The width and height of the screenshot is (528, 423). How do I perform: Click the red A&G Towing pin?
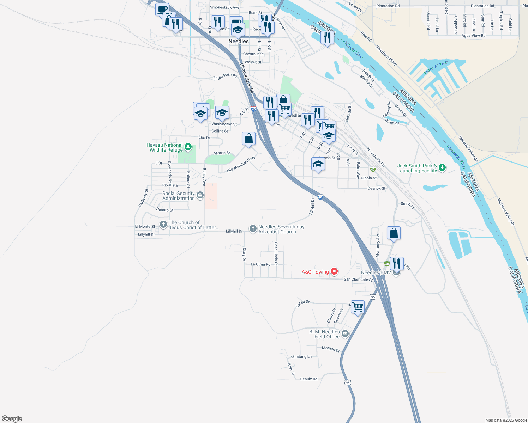(x=334, y=271)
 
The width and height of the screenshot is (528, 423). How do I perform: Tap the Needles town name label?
(x=239, y=41)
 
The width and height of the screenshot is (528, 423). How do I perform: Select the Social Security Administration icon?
(x=200, y=195)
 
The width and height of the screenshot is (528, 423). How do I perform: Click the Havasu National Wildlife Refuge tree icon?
(x=188, y=147)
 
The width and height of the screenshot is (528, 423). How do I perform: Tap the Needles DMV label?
(x=376, y=272)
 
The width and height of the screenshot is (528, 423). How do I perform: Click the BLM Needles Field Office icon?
(x=345, y=333)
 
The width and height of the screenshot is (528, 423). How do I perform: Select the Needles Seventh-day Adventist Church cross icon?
(x=253, y=229)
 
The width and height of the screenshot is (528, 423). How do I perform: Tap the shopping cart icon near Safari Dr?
(x=358, y=307)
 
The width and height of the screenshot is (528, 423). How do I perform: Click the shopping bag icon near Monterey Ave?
(x=394, y=233)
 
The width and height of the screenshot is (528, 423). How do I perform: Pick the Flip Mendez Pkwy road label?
(x=241, y=165)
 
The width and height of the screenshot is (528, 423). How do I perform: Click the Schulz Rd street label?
(x=308, y=379)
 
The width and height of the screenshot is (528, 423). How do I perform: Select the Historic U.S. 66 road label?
(x=247, y=78)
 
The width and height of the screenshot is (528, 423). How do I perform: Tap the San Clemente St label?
(x=358, y=280)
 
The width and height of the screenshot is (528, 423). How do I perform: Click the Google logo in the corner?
(x=12, y=419)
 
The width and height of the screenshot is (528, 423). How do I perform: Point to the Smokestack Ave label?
(x=224, y=7)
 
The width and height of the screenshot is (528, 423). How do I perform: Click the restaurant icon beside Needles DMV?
(x=397, y=263)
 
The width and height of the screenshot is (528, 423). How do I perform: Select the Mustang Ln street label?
(x=301, y=357)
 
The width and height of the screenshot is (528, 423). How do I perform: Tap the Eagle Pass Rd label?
(x=225, y=76)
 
